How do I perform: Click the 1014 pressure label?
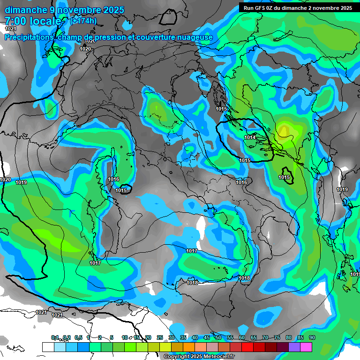[x=250, y=137]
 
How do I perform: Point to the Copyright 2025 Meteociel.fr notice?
[x=199, y=357]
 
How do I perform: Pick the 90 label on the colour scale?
[x=312, y=338]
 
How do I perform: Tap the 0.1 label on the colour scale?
[x=55, y=338]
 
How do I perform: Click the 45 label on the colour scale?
[x=207, y=338]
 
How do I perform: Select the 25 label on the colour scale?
[x=160, y=338]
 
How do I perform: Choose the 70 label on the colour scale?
[x=265, y=338]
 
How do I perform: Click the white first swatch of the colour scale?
[x=48, y=347]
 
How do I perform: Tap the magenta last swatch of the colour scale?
[x=306, y=347]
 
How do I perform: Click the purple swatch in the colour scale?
[x=294, y=347]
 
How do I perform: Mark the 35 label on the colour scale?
[x=183, y=338]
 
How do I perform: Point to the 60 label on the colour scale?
[x=242, y=338]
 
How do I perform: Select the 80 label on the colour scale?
[x=289, y=338]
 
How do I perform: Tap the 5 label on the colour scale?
[x=112, y=338]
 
